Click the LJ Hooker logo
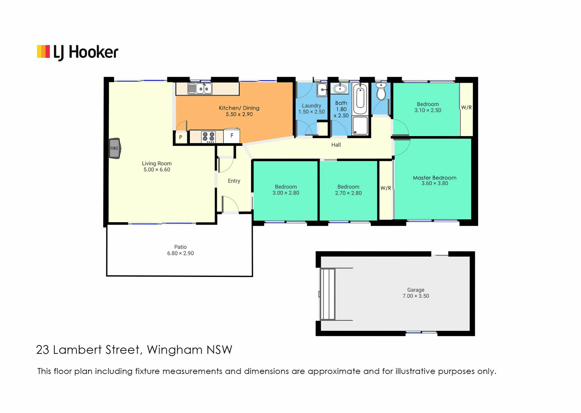[x=77, y=52]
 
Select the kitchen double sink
[x=200, y=89]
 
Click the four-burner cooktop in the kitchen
[x=208, y=137]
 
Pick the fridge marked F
[x=232, y=136]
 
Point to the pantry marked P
[x=181, y=137]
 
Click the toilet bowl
[x=381, y=91]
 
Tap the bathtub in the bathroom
[x=360, y=99]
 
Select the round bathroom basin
[x=340, y=89]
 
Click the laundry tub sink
[x=322, y=89]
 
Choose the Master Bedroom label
[x=435, y=178]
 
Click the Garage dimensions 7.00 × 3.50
[x=416, y=296]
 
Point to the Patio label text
[x=180, y=247]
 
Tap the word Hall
[x=336, y=145]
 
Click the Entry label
[x=234, y=181]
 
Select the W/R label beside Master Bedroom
[x=386, y=188]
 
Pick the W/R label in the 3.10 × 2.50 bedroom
[x=466, y=108]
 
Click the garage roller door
[x=328, y=294]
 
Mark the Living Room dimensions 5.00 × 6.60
[x=157, y=170]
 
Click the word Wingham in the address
[x=175, y=350]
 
